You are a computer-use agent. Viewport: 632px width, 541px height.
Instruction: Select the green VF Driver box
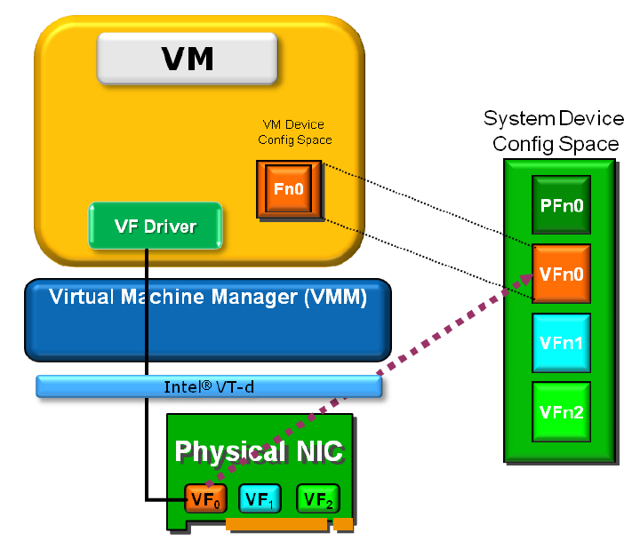tap(155, 226)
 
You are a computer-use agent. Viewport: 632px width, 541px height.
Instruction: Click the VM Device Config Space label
tap(292, 132)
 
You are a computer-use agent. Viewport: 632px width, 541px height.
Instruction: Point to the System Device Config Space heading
tap(551, 131)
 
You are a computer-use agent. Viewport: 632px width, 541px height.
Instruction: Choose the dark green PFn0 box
tap(561, 207)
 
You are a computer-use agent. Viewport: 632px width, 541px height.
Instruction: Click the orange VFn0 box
tap(561, 274)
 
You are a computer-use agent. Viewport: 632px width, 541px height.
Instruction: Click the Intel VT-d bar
tap(209, 386)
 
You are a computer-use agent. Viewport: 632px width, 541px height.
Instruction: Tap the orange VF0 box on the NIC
tap(202, 499)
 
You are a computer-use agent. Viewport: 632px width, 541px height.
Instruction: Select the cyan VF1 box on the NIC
tap(260, 499)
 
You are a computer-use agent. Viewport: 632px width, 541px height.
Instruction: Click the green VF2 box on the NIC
tap(317, 499)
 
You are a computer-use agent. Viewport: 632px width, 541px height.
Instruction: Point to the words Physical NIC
tap(258, 451)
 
